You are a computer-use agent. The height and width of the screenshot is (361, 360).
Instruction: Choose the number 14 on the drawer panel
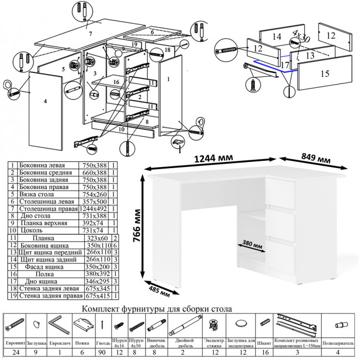point(276,37)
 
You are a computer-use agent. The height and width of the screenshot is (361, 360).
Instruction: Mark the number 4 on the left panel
point(45,101)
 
